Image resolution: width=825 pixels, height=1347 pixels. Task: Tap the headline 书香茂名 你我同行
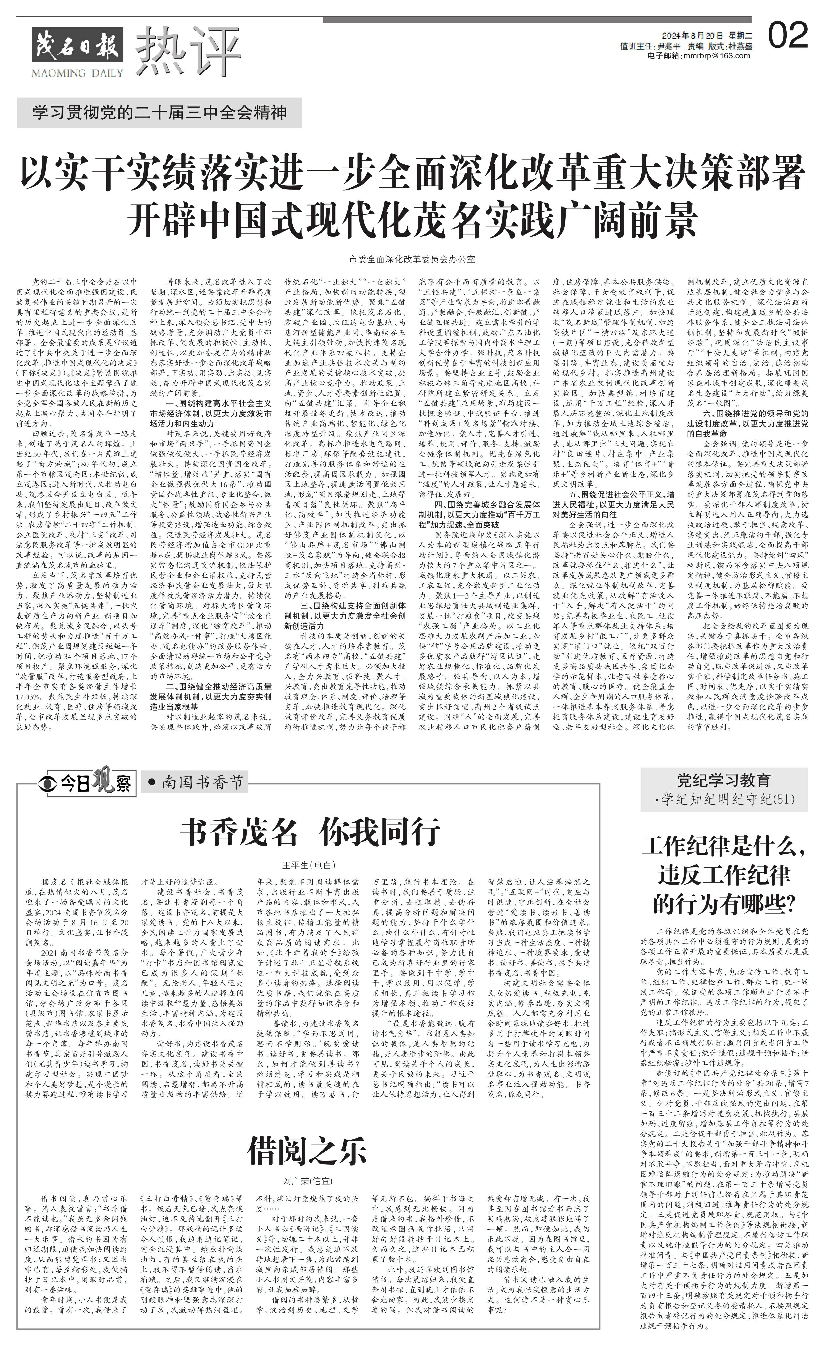310,832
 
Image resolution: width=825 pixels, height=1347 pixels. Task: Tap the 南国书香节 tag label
195,783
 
